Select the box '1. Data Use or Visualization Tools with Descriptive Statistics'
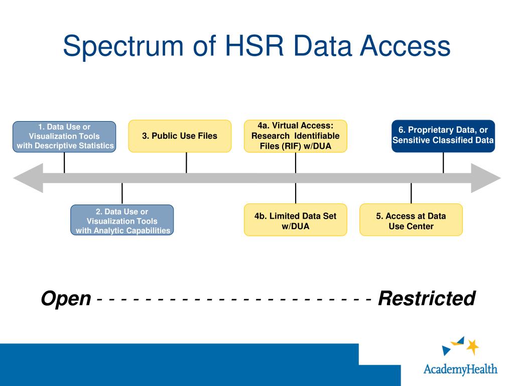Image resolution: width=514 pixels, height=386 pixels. click(64, 137)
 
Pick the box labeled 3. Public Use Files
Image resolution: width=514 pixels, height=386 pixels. click(180, 136)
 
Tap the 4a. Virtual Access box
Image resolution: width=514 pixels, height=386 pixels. click(295, 136)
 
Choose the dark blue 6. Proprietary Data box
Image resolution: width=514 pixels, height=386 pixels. click(443, 136)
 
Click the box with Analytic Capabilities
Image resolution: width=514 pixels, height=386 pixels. click(122, 221)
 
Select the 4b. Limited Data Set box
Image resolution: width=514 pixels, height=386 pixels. click(295, 220)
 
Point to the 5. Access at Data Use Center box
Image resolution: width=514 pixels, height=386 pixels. click(411, 220)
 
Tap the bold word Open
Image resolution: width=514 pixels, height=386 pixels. click(66, 299)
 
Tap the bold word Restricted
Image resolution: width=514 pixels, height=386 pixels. click(426, 299)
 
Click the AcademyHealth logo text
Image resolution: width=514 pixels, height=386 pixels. click(460, 369)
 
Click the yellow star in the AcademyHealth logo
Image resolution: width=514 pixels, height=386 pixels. click(472, 346)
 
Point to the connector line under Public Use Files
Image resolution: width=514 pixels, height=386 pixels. click(186, 162)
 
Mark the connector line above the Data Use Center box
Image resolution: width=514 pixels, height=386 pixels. click(411, 194)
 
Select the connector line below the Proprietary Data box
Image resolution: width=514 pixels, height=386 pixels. click(443, 162)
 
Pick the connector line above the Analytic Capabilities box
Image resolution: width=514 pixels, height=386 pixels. click(122, 194)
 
